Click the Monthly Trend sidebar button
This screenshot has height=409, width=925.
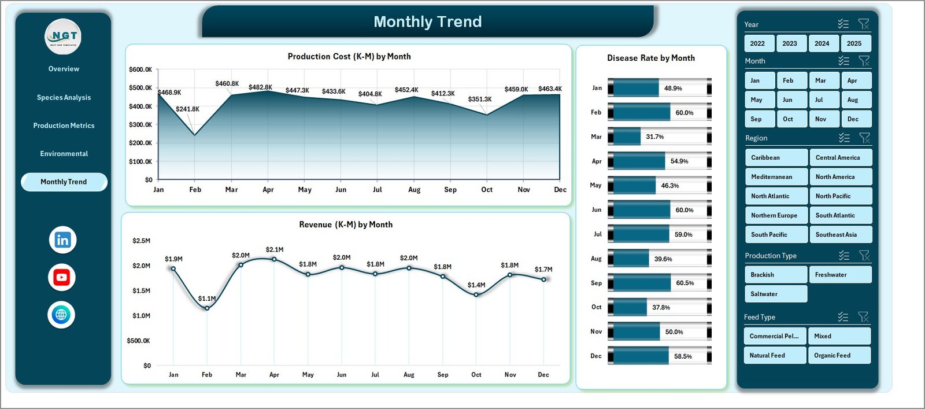click(x=64, y=182)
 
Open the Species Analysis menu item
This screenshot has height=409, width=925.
click(x=64, y=97)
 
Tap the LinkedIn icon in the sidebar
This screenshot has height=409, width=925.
click(x=62, y=240)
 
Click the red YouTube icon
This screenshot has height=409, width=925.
click(x=62, y=278)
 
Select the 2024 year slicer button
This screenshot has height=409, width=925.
click(x=822, y=43)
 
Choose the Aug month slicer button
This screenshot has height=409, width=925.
click(x=853, y=100)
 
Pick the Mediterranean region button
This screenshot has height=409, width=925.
click(x=775, y=177)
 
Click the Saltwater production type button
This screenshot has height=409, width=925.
click(x=775, y=294)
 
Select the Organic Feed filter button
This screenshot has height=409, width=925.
click(x=839, y=355)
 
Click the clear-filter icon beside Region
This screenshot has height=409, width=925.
click(x=864, y=138)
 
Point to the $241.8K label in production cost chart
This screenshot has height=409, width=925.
click(x=187, y=109)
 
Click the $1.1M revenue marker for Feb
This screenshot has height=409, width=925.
click(x=207, y=308)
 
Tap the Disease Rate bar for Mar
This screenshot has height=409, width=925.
click(x=624, y=137)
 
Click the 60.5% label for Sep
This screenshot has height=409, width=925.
click(x=685, y=283)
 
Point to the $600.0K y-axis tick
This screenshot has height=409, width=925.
click(x=140, y=69)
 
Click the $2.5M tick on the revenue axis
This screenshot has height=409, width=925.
click(x=141, y=241)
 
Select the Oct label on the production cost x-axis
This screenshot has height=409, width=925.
click(x=487, y=190)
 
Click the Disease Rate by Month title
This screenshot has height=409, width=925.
click(x=651, y=58)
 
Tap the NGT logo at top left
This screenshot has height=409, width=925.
click(x=63, y=36)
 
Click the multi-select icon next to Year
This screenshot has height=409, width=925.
click(x=843, y=24)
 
